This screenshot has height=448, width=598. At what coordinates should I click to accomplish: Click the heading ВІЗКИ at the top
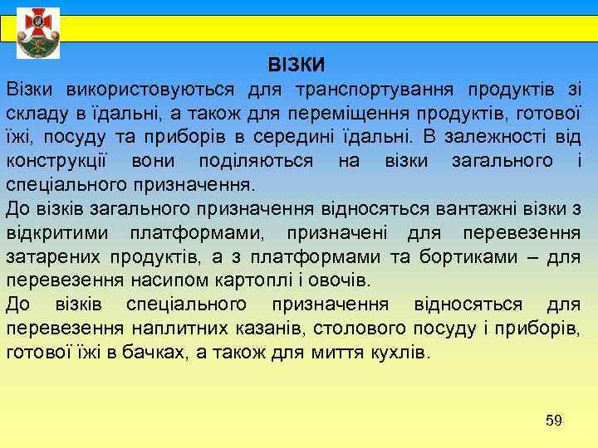tap(296, 64)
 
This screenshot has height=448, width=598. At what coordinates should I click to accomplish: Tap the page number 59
tap(554, 421)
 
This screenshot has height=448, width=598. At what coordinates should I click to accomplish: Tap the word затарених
tap(51, 256)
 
